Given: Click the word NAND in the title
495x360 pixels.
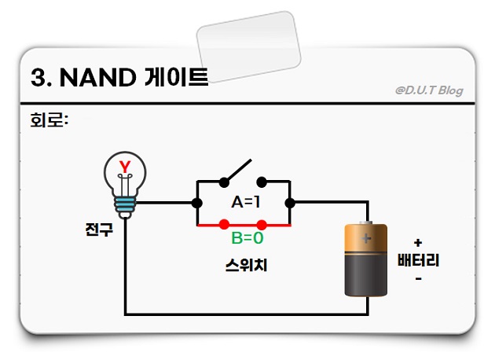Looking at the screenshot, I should [x=100, y=78].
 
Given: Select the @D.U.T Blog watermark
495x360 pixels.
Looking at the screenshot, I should [x=429, y=90].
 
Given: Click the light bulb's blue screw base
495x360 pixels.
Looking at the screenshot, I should [x=125, y=205].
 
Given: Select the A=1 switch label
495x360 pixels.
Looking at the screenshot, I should [x=246, y=202].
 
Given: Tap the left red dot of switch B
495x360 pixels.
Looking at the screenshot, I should [x=225, y=225].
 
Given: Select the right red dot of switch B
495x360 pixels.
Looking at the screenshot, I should [x=262, y=225].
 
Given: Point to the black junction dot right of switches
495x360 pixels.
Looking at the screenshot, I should [x=290, y=203].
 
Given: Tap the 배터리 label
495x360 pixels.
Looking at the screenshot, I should [x=416, y=260].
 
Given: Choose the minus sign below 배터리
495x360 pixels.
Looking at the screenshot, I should [x=417, y=277].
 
